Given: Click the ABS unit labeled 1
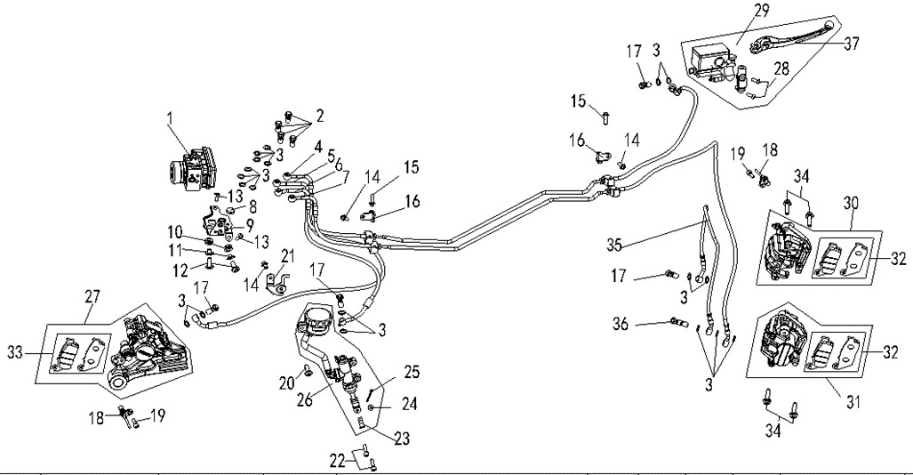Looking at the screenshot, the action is pos(191,169).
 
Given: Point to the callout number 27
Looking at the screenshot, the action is pos(92,297).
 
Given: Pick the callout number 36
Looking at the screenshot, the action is pos(621,324).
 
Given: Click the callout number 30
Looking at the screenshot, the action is pos(852,204).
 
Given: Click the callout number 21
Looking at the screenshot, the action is pos(287,256).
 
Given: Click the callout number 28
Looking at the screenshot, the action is pos(781,68).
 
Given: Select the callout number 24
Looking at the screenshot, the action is pos(409,403).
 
